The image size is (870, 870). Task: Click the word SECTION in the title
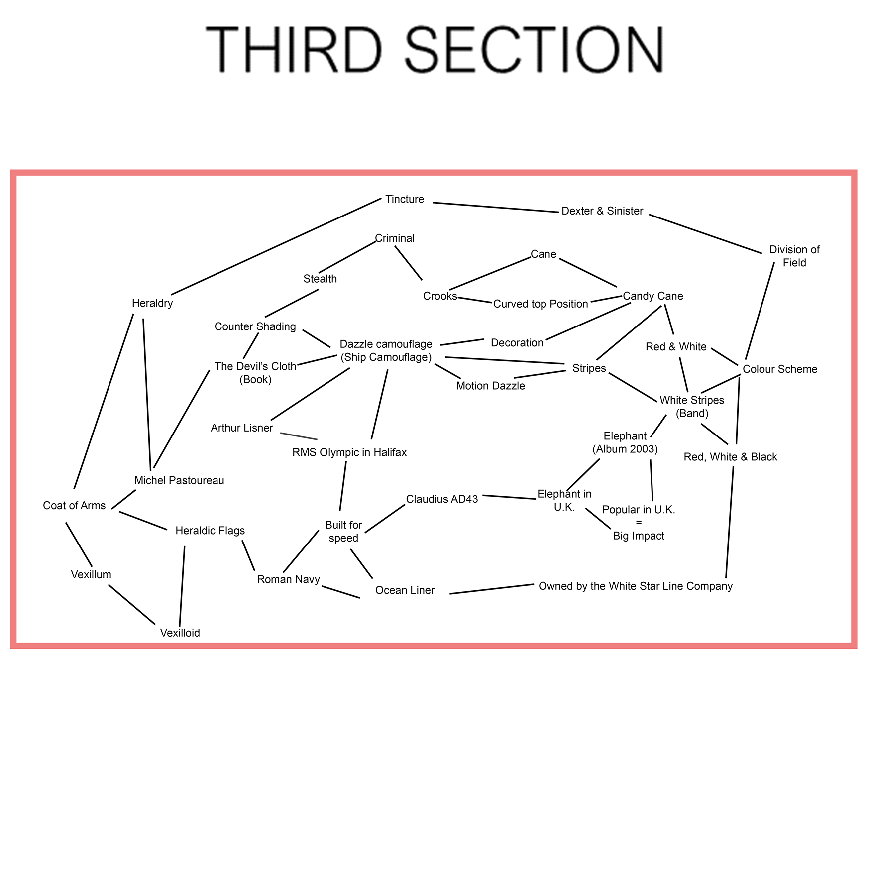tap(535, 50)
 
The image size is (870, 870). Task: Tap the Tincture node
tap(404, 199)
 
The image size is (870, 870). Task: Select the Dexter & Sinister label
tap(602, 211)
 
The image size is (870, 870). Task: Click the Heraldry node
tap(152, 303)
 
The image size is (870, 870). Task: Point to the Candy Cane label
tap(652, 296)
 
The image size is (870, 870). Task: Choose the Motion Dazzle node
tap(490, 386)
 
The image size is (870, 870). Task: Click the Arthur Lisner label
tap(242, 428)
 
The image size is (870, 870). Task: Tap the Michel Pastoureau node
tap(179, 481)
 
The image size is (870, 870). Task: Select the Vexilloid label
tap(180, 633)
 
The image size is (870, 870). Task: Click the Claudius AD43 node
tap(442, 499)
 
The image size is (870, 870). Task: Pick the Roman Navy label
tap(288, 579)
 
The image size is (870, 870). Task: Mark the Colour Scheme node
tap(779, 369)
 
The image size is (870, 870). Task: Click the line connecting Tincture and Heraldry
tap(276, 246)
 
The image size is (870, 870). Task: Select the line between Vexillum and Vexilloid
tap(131, 604)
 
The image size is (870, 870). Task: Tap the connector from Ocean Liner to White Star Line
tap(492, 589)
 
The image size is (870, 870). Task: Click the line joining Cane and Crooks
tap(490, 273)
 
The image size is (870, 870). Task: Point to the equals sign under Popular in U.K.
tap(639, 523)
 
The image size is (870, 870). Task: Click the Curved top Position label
tap(541, 304)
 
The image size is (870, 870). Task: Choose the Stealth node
tap(320, 279)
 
